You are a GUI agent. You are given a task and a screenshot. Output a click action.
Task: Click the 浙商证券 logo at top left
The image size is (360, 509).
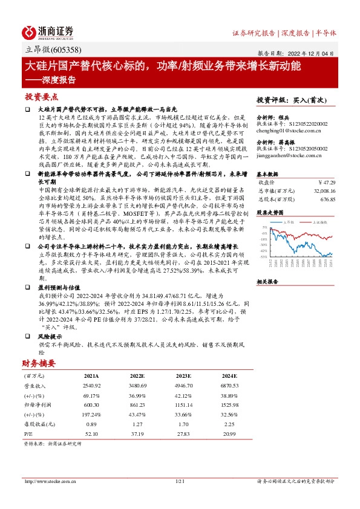point(48,32)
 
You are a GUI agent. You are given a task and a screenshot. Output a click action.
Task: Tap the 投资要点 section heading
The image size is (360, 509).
point(42,97)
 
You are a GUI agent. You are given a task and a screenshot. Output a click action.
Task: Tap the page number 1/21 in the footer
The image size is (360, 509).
point(179,481)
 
